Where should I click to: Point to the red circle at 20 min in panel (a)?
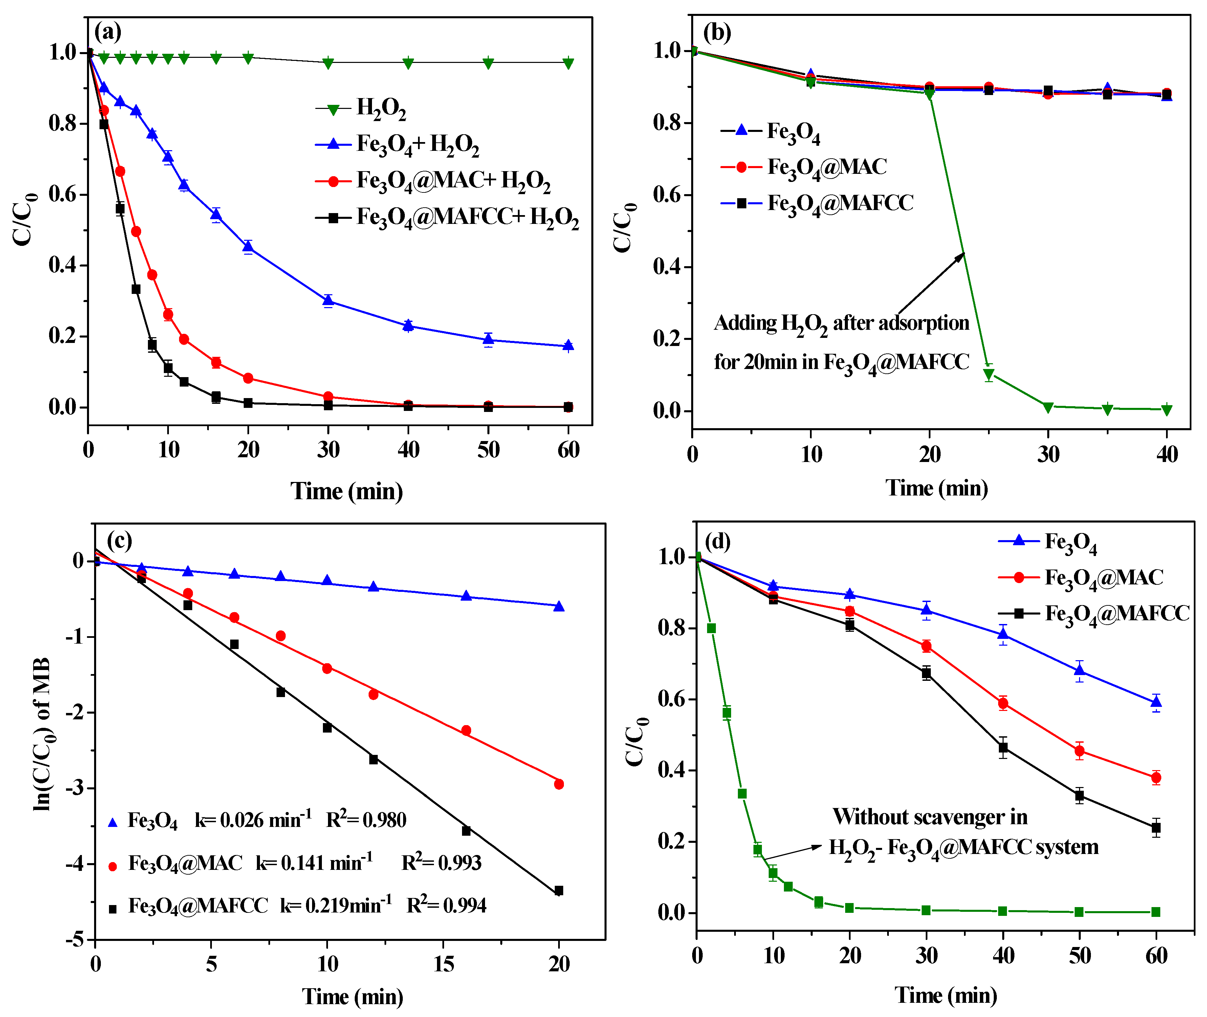pyautogui.click(x=248, y=378)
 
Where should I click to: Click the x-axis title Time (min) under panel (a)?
pyautogui.click(x=346, y=491)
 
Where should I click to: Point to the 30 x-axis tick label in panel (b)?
pyautogui.click(x=1048, y=455)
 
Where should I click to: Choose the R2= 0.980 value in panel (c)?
pyautogui.click(x=366, y=820)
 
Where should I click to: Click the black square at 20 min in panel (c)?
pyautogui.click(x=558, y=891)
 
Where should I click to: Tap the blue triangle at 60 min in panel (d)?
pyautogui.click(x=1156, y=702)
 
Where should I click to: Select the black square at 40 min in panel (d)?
pyautogui.click(x=1003, y=748)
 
